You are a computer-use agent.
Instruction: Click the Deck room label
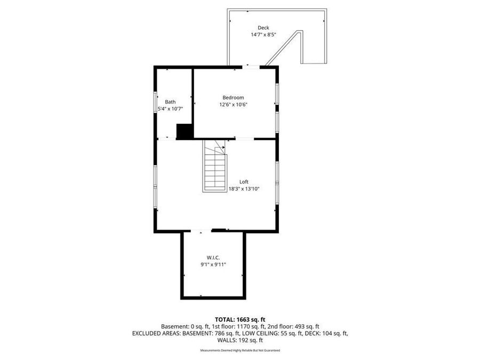(x=263, y=28)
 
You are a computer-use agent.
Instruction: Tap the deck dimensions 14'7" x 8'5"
(x=263, y=35)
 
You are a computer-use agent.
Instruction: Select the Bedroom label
(x=233, y=98)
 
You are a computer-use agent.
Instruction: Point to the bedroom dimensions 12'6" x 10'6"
(x=233, y=105)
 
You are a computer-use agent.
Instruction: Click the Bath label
(x=170, y=102)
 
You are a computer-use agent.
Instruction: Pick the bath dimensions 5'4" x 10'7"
(x=170, y=109)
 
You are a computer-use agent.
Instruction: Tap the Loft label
(x=244, y=181)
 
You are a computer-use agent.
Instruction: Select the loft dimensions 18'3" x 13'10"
(x=244, y=188)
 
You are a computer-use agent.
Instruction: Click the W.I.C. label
(x=213, y=257)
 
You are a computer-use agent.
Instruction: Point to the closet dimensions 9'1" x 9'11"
(x=213, y=264)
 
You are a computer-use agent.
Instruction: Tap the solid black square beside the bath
(x=185, y=131)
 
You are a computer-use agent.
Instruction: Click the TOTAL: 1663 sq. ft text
(x=240, y=318)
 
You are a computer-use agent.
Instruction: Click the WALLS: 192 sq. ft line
(x=240, y=340)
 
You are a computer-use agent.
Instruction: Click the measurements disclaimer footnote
(x=240, y=350)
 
